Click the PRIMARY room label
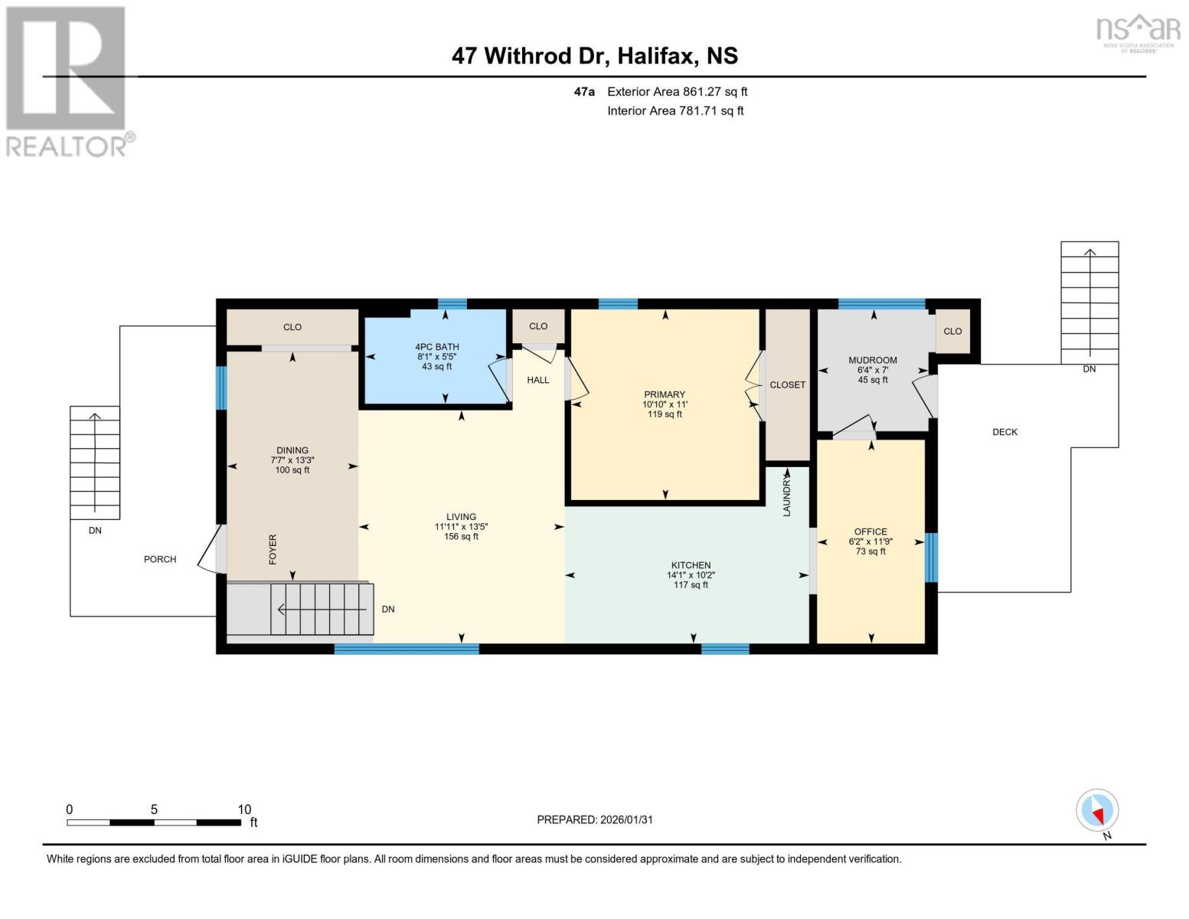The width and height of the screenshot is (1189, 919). tap(664, 394)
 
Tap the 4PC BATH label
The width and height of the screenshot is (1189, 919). tap(436, 347)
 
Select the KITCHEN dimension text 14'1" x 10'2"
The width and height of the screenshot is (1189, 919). tap(691, 575)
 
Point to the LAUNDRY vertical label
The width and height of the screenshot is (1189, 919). tap(787, 494)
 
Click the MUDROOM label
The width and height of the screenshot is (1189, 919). tap(872, 360)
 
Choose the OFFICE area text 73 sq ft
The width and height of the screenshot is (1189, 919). tap(871, 551)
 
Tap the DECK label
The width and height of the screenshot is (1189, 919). tap(1004, 432)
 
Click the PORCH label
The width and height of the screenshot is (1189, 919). tap(160, 559)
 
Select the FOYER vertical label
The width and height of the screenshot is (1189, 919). tap(273, 550)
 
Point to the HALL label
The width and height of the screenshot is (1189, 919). tap(537, 380)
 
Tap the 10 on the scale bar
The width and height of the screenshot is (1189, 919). tap(243, 809)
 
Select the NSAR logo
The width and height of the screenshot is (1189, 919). tap(1138, 31)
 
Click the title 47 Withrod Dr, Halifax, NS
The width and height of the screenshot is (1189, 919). tap(594, 56)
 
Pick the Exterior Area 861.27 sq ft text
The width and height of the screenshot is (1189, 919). tap(677, 92)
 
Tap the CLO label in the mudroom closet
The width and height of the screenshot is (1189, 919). tap(952, 332)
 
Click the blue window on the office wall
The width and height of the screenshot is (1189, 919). tap(931, 557)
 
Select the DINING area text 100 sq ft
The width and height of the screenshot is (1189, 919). tap(292, 470)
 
